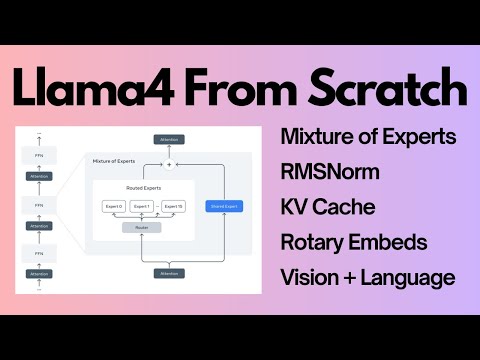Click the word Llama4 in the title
tap(88, 89)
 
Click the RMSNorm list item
tap(330, 172)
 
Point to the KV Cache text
tap(329, 207)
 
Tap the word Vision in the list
tap(312, 278)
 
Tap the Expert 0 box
tap(113, 206)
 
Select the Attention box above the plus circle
tap(169, 139)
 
